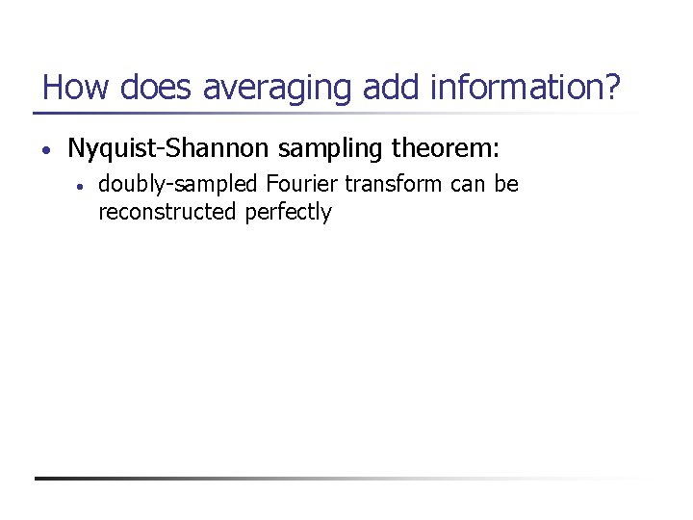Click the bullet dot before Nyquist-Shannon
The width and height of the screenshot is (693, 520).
point(46,150)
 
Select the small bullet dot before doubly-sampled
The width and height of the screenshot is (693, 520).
point(83,185)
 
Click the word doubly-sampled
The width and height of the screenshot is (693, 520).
point(178,184)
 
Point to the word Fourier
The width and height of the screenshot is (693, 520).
point(298,183)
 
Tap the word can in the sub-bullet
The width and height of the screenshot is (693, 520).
point(470,184)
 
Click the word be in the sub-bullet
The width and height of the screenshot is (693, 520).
point(507,183)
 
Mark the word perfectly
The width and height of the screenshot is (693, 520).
point(288,213)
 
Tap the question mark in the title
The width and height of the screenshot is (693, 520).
point(613,88)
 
